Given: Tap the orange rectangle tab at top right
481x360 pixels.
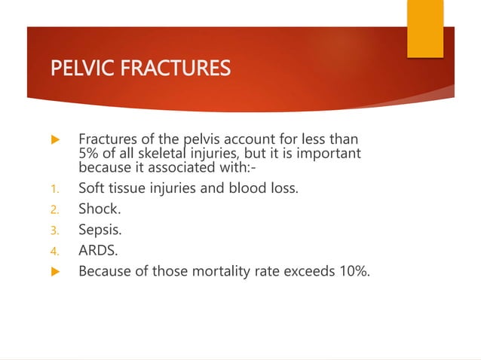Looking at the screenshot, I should pyautogui.click(x=425, y=28).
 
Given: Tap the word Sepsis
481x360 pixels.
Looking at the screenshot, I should pyautogui.click(x=99, y=230).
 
